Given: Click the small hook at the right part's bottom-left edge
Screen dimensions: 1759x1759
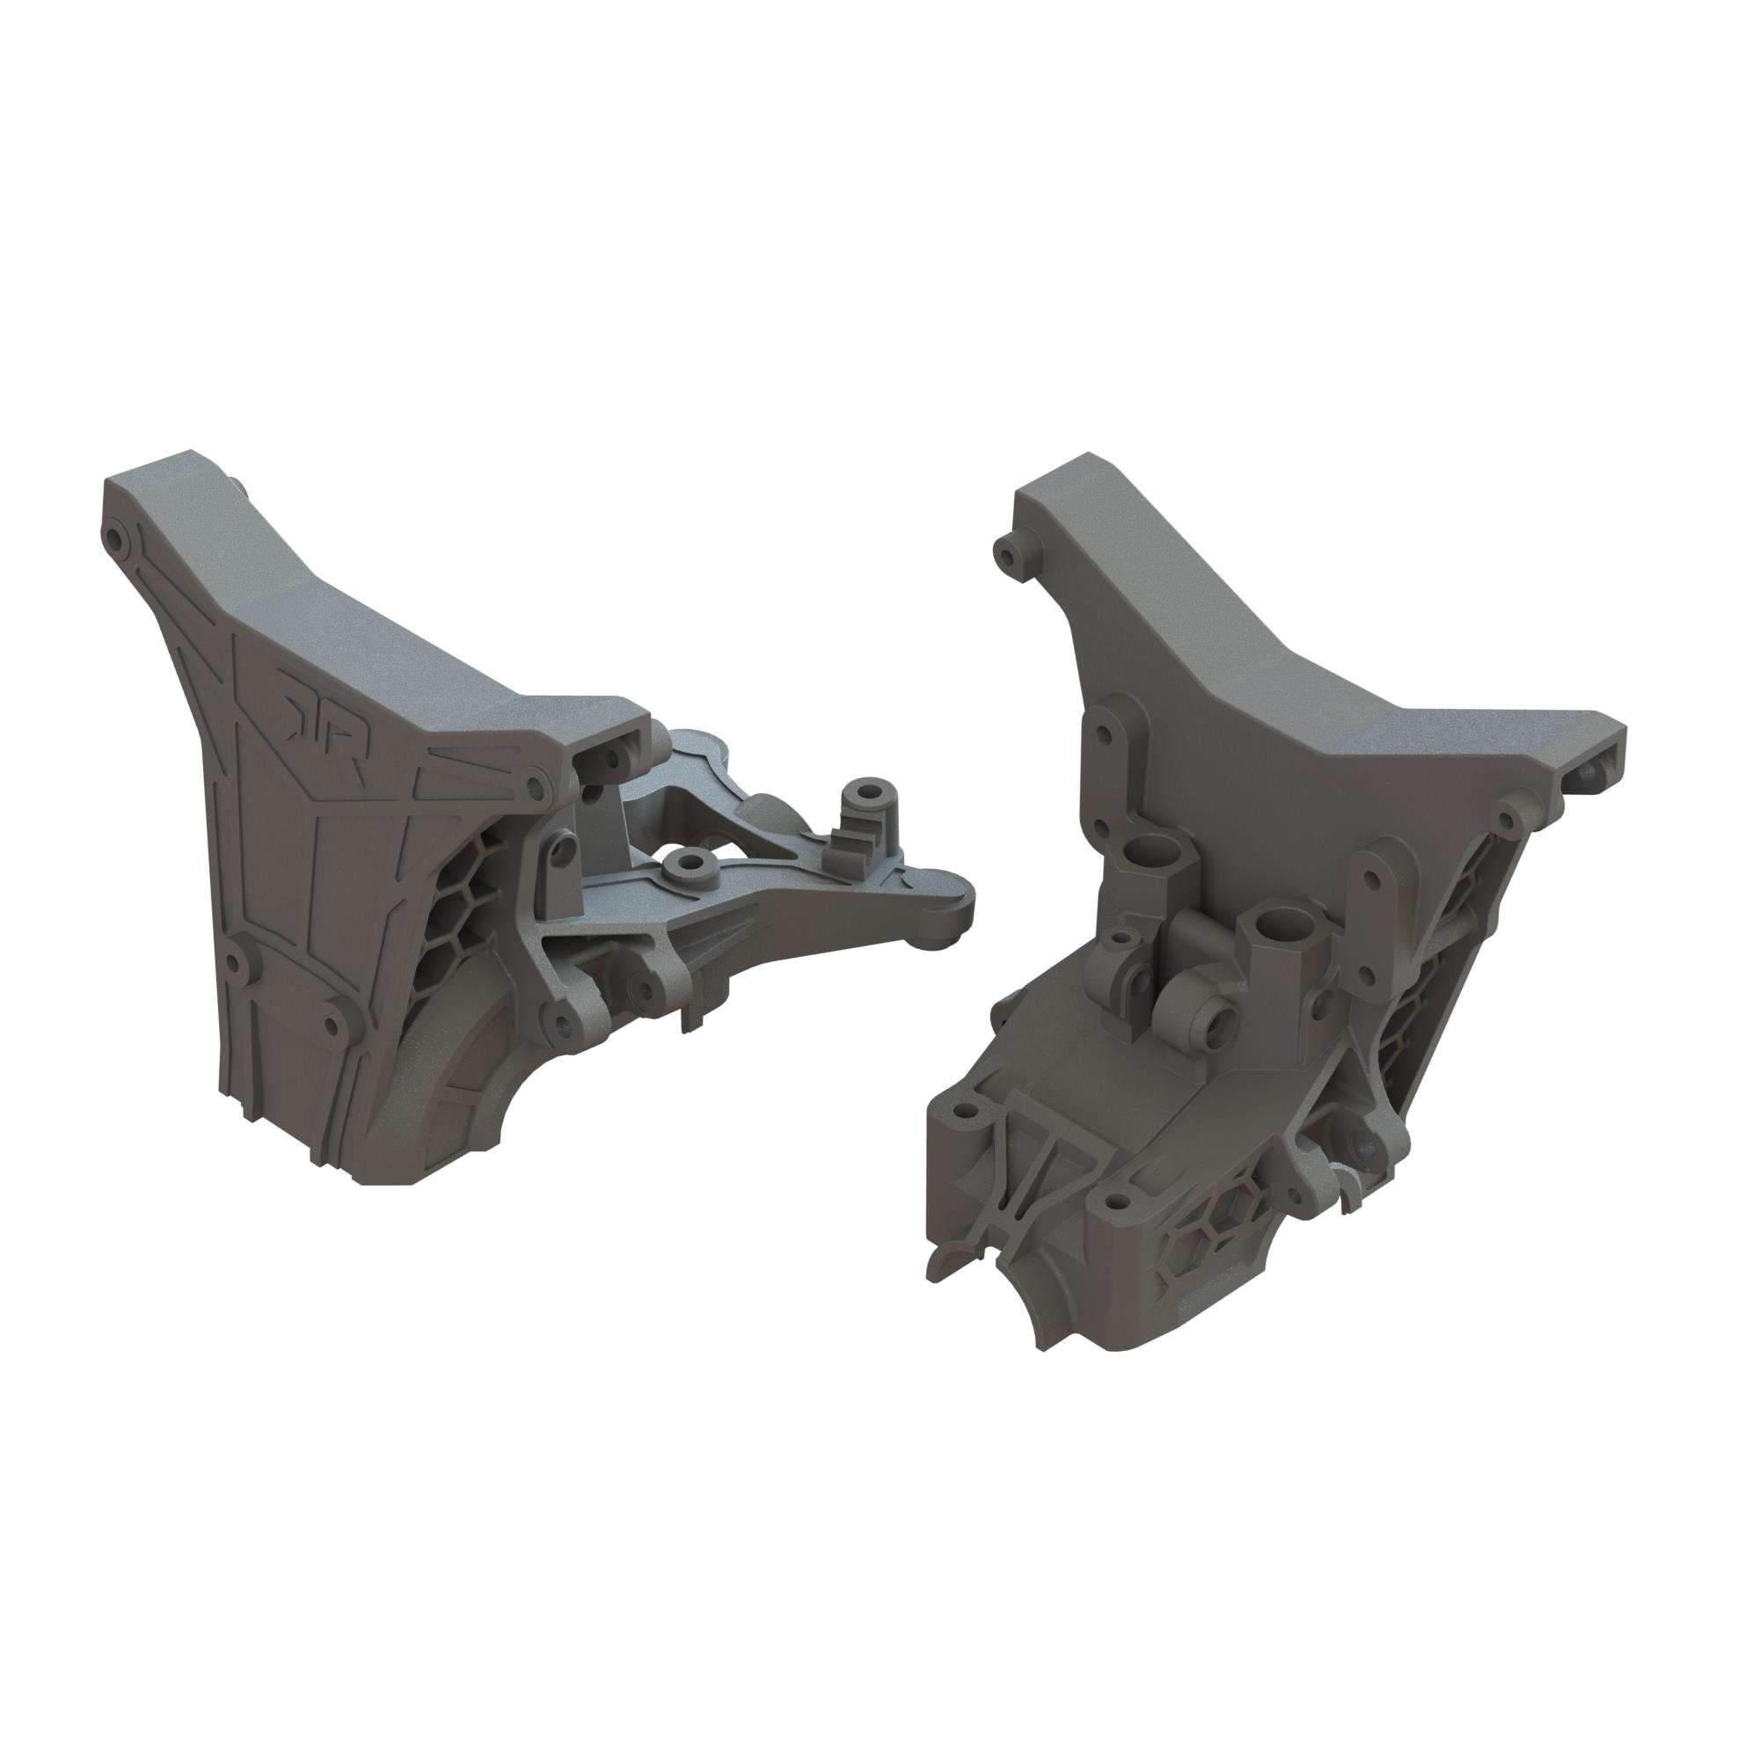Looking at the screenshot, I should pos(938,1263).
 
